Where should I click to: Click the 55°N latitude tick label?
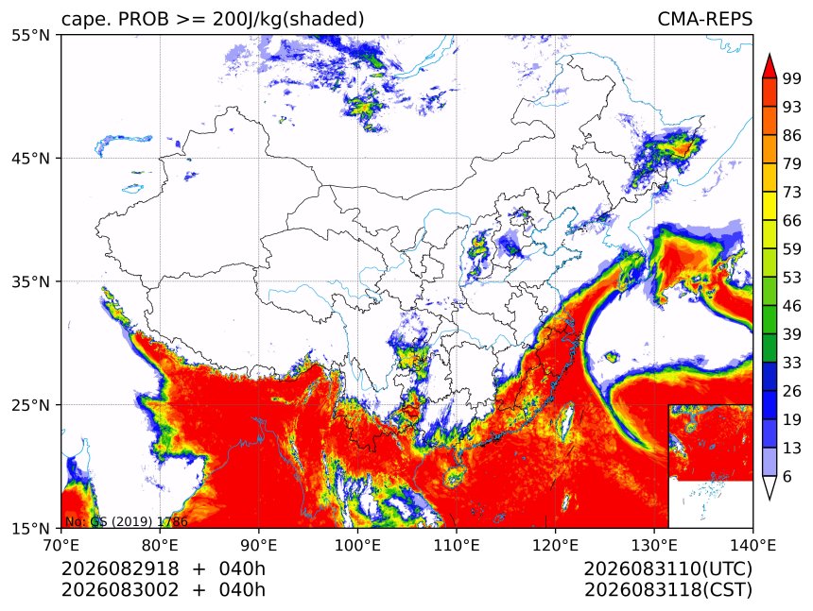30,35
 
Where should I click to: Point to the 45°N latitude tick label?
30,158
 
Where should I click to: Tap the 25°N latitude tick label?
30,404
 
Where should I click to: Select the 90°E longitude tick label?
258,545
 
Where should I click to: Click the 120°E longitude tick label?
555,545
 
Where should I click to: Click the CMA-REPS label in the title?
704,19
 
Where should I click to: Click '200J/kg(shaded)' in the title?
288,20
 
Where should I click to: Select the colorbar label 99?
792,78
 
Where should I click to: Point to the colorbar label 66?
792,221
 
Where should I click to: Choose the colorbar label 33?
792,363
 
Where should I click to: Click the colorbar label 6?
787,476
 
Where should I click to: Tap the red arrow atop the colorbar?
770,66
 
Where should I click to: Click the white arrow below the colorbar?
770,487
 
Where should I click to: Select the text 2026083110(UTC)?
667,569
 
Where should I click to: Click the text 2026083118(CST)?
667,590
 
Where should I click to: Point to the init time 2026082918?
120,569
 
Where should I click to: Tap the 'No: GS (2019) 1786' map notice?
126,521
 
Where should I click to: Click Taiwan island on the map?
566,420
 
